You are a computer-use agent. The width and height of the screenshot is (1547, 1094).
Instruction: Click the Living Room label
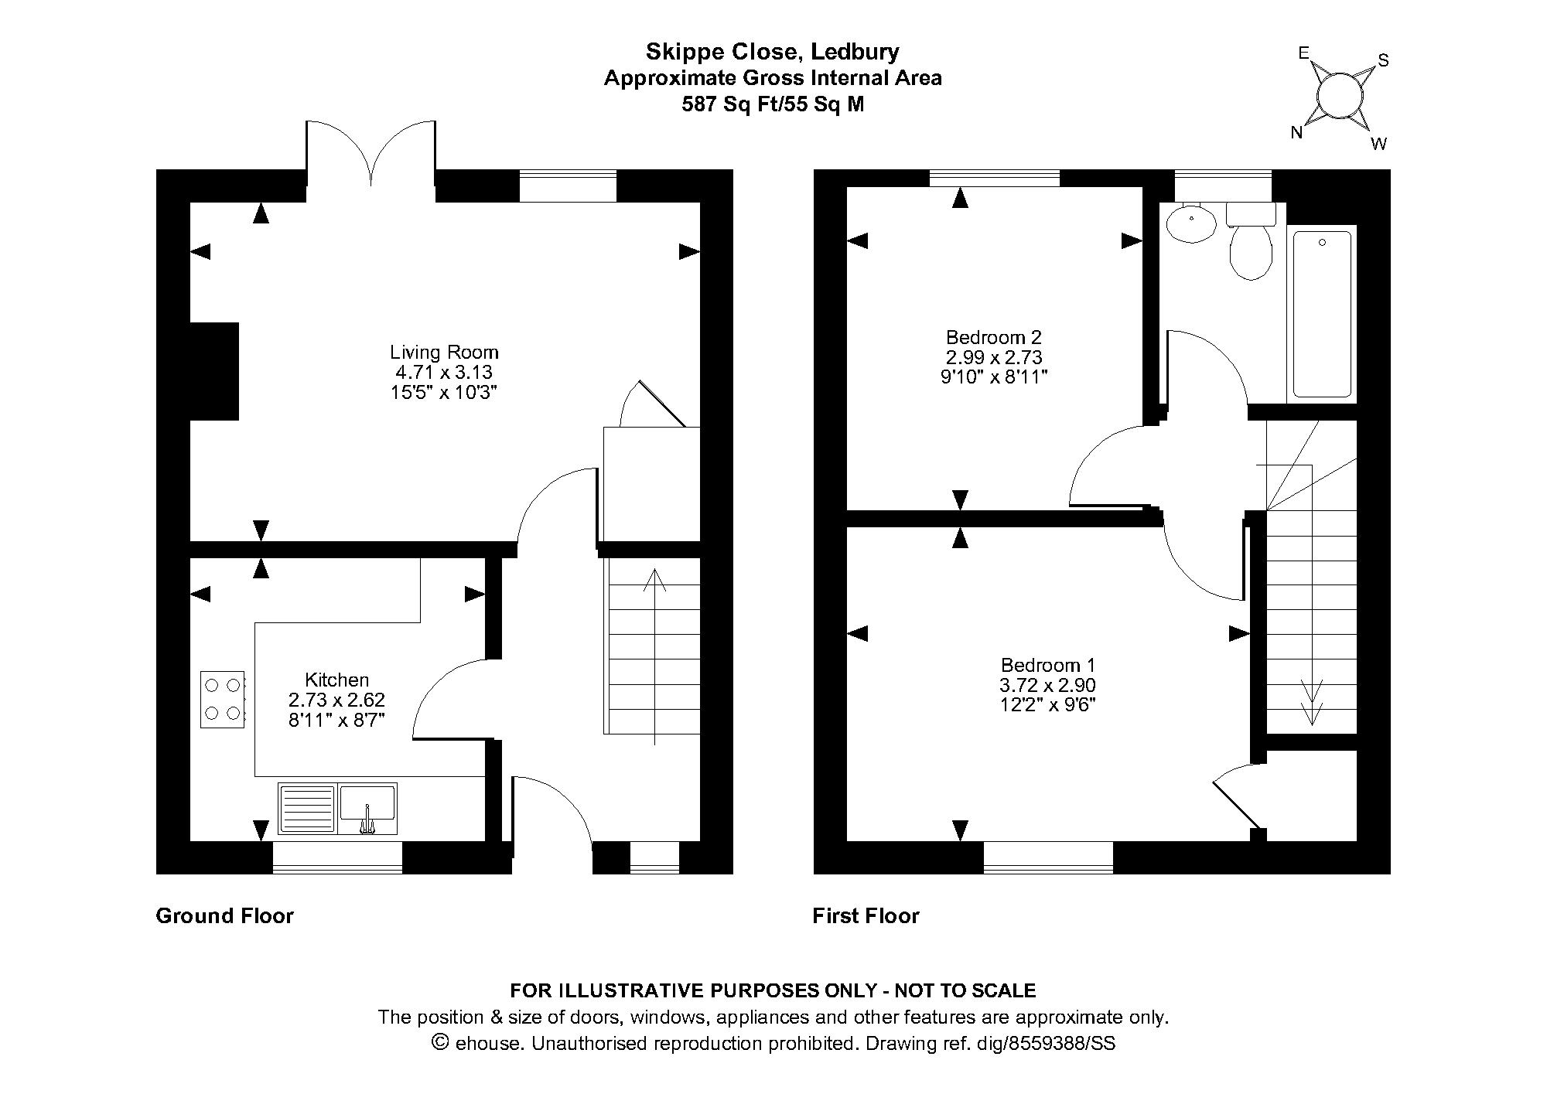click(x=444, y=353)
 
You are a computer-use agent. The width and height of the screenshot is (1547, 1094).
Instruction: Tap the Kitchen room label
click(x=336, y=680)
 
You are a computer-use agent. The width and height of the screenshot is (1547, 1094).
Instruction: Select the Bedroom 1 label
click(x=1047, y=665)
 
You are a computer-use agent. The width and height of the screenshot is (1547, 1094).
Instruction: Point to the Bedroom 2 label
click(x=994, y=337)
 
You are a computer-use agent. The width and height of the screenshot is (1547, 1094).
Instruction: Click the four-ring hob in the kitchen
click(x=223, y=699)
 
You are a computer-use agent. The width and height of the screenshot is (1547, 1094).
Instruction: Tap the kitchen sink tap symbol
click(x=367, y=821)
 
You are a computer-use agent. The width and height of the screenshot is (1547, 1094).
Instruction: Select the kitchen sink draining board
click(x=307, y=809)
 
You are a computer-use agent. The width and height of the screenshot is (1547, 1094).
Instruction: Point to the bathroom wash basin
click(x=1191, y=223)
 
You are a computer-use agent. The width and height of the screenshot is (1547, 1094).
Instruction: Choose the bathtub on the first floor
click(x=1322, y=313)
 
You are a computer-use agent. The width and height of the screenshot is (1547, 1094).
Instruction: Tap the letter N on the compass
click(x=1297, y=133)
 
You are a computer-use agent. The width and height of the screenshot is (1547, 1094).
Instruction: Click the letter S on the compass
click(x=1384, y=60)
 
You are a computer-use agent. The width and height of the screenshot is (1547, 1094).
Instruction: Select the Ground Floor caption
click(x=225, y=916)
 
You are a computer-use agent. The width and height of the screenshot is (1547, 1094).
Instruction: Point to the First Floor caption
click(x=866, y=916)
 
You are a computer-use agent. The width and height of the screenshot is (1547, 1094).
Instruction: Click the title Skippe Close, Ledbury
click(x=773, y=53)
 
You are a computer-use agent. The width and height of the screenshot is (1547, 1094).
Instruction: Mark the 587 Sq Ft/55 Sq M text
click(x=773, y=104)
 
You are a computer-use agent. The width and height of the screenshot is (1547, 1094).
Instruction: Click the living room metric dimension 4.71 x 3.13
click(x=444, y=373)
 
